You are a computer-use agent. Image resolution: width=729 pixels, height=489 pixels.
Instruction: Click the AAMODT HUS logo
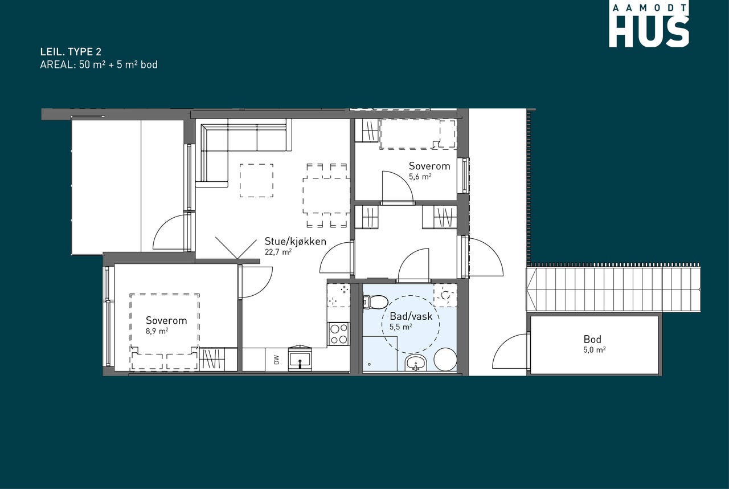(649, 26)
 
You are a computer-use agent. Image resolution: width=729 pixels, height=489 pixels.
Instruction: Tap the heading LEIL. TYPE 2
(71, 52)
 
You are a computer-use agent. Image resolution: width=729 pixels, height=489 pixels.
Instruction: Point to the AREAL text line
(99, 64)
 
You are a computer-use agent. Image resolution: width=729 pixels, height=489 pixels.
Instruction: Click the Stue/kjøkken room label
(295, 241)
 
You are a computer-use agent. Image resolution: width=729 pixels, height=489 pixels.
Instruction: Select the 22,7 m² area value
(278, 252)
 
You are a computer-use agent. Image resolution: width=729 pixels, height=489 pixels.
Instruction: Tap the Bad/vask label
(411, 316)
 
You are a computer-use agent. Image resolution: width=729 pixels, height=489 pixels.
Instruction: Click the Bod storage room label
(592, 339)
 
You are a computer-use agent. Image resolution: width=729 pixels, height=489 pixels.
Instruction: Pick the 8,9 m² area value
(157, 331)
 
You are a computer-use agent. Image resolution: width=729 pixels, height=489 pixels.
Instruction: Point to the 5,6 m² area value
(420, 177)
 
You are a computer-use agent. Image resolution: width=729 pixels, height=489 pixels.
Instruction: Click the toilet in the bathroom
(375, 301)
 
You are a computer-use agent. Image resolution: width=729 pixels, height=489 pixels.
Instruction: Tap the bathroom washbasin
(416, 363)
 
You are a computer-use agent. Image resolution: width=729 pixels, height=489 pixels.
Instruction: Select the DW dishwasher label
(276, 360)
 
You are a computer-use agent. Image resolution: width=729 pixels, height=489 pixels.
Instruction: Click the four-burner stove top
(338, 334)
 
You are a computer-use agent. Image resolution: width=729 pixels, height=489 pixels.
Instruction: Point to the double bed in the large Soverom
(165, 332)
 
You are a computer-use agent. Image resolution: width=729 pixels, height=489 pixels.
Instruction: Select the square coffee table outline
(256, 180)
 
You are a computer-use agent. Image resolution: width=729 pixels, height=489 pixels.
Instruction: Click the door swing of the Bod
(510, 351)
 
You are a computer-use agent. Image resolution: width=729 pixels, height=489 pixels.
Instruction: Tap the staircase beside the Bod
(613, 290)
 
